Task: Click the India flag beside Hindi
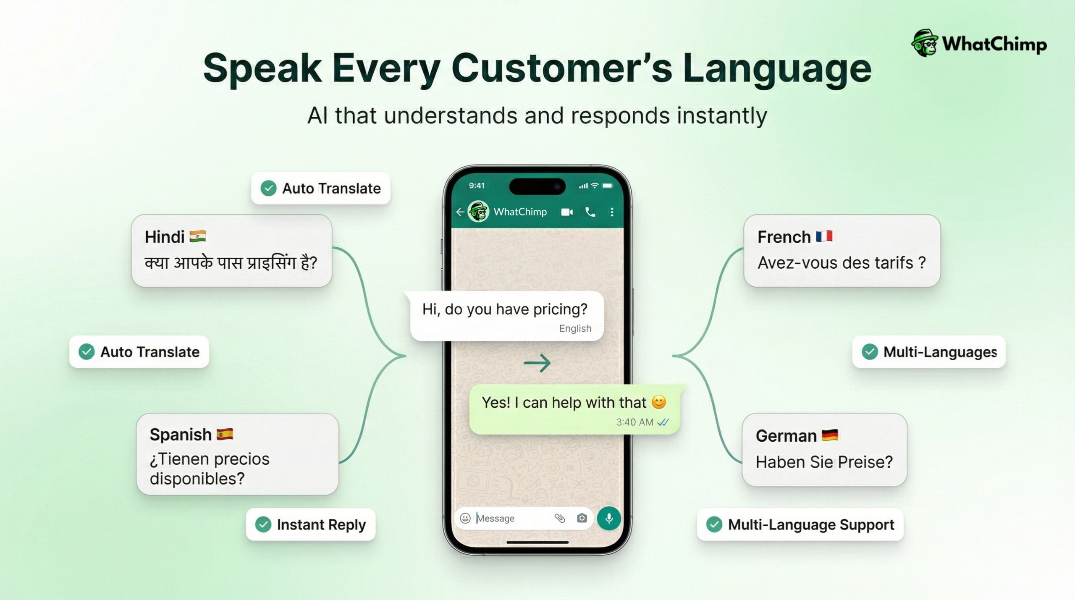point(197,236)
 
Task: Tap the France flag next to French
point(824,236)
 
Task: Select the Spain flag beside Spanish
point(225,434)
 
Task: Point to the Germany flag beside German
point(829,435)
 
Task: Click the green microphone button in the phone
point(608,518)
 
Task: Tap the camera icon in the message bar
point(582,518)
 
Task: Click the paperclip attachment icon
point(559,518)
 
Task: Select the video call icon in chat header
point(567,212)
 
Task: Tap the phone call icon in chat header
point(590,212)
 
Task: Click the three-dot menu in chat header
point(612,212)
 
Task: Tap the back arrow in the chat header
point(460,212)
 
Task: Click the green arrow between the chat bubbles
point(537,363)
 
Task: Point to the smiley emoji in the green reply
point(659,402)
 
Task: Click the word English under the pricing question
point(575,328)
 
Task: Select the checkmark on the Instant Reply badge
point(263,524)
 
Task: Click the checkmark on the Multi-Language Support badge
point(714,524)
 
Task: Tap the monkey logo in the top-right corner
point(924,43)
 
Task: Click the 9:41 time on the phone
point(477,186)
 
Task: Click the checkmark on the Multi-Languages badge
point(870,352)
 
